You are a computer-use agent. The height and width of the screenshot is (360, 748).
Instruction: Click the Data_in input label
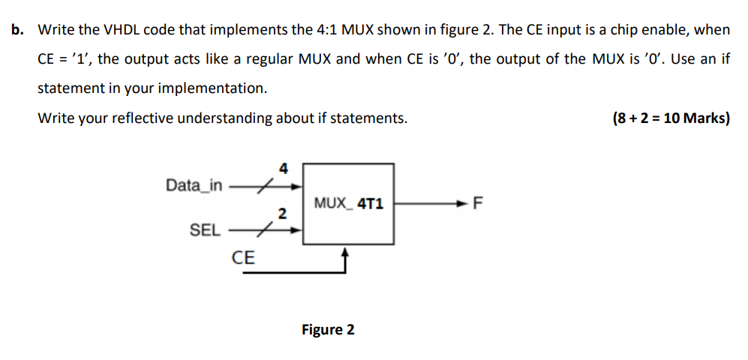(194, 184)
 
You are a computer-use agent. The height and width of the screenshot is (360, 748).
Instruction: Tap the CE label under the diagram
(243, 259)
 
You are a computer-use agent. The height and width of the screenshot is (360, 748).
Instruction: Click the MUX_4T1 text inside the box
(349, 202)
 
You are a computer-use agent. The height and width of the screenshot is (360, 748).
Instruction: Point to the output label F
(480, 202)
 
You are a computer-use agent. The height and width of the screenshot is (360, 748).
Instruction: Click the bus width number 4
(283, 168)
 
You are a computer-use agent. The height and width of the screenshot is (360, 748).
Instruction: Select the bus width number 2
(282, 214)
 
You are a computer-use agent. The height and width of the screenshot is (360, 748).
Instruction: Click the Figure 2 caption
(328, 329)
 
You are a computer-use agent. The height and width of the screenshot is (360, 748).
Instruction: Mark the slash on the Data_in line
(263, 185)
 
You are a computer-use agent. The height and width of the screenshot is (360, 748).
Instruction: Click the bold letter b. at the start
(17, 30)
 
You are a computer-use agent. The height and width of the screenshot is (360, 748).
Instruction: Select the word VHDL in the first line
(121, 30)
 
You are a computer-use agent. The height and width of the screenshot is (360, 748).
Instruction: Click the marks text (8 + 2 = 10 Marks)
(671, 118)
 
